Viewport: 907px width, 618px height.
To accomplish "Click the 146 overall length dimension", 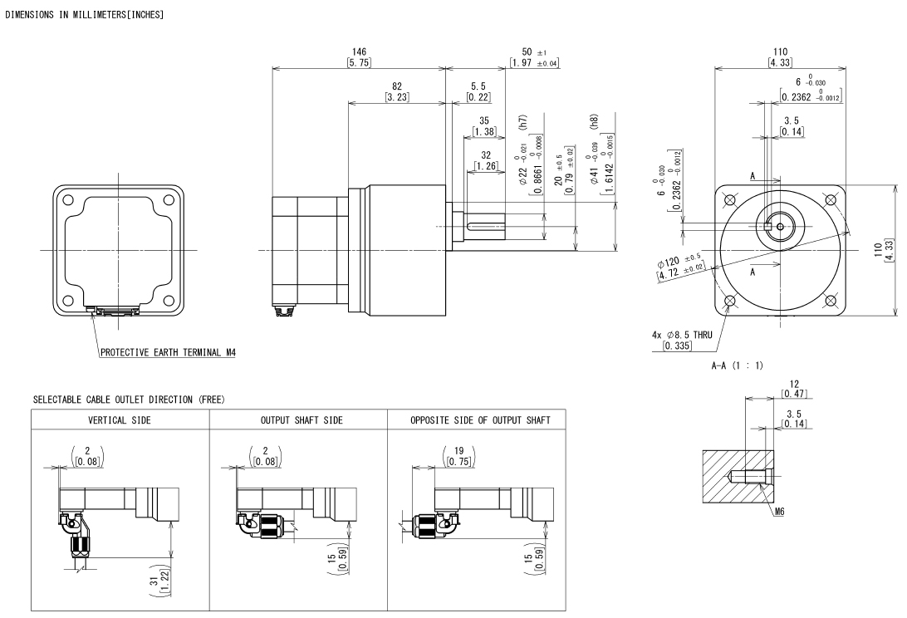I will [x=359, y=57].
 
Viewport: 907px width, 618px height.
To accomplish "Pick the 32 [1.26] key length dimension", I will [x=484, y=160].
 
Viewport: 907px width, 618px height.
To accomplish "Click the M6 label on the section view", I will [x=778, y=513].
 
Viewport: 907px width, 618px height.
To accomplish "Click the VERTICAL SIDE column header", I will [x=120, y=420].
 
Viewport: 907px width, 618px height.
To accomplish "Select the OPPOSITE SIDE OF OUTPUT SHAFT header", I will [x=477, y=420].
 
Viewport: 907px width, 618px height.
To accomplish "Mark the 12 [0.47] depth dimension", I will [x=795, y=388].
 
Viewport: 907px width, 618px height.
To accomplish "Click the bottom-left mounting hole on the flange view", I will [x=730, y=301].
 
